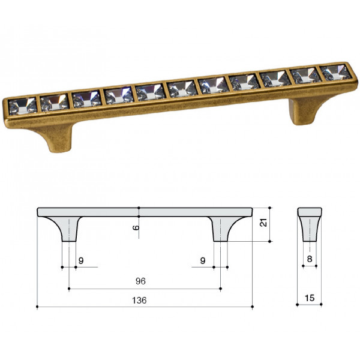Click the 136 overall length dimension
tap(139, 300)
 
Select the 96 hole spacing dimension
tap(140, 281)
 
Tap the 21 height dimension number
tap(263, 223)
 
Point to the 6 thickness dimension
tap(136, 227)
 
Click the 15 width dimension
tap(310, 298)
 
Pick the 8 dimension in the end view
tap(310, 259)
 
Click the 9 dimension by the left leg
tap(81, 260)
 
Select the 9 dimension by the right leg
tap(203, 260)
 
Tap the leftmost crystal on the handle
tap(23, 106)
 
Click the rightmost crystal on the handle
tap(335, 73)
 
